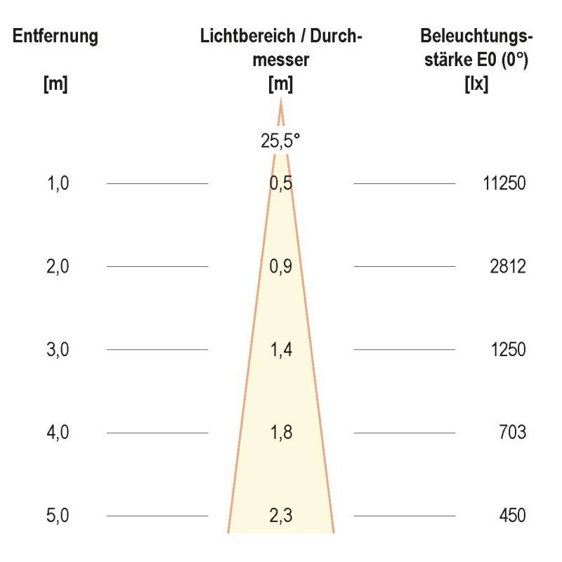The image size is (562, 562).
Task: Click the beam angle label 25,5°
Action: [280, 140]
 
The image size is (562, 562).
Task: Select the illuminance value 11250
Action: [504, 184]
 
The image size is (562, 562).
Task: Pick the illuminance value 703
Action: [513, 432]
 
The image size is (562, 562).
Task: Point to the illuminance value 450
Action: [513, 516]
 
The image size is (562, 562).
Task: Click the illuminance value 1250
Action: [509, 349]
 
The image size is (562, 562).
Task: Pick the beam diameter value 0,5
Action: [280, 184]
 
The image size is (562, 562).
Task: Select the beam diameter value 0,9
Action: [280, 267]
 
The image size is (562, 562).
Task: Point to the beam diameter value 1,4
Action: [280, 349]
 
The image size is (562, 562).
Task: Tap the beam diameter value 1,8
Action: [280, 432]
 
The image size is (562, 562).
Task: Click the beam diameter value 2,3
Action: [280, 516]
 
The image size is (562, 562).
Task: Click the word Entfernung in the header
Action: [55, 37]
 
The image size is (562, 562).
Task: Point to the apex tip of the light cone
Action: [281, 100]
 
